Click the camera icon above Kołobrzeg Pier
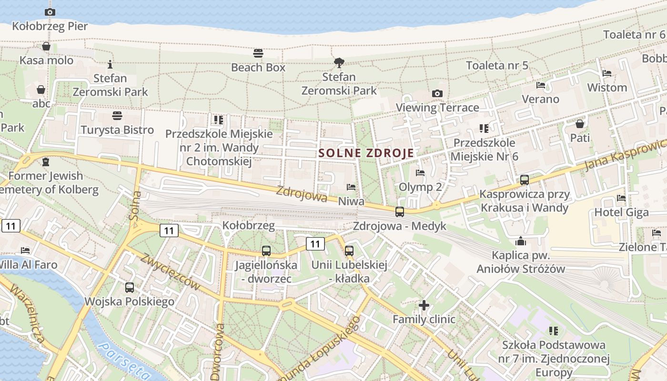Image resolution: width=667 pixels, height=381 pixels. pyautogui.click(x=50, y=12)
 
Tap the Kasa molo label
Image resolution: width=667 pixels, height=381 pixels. pyautogui.click(x=46, y=60)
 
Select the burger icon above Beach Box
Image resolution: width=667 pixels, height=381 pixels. pyautogui.click(x=258, y=52)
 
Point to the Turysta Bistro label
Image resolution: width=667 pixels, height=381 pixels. pyautogui.click(x=117, y=130)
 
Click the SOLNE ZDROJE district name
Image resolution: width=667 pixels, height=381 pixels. pyautogui.click(x=366, y=153)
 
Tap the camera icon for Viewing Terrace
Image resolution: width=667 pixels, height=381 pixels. pyautogui.click(x=437, y=94)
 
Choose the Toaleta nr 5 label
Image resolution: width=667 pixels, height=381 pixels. pyautogui.click(x=497, y=65)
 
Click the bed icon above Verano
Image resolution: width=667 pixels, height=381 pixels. pyautogui.click(x=541, y=85)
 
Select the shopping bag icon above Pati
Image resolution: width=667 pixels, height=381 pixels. pyautogui.click(x=580, y=124)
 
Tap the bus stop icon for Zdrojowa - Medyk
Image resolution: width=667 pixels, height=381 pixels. pyautogui.click(x=400, y=212)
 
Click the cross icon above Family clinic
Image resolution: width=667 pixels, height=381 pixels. pyautogui.click(x=424, y=305)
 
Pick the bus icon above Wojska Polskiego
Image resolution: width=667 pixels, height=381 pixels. pyautogui.click(x=130, y=288)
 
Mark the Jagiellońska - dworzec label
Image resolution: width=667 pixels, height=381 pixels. pyautogui.click(x=266, y=271)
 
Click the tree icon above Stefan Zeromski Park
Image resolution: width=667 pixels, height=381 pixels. pyautogui.click(x=339, y=62)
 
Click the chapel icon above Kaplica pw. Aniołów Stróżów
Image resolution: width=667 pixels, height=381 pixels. pyautogui.click(x=521, y=241)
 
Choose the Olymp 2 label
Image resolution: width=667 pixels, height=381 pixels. pyautogui.click(x=420, y=187)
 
